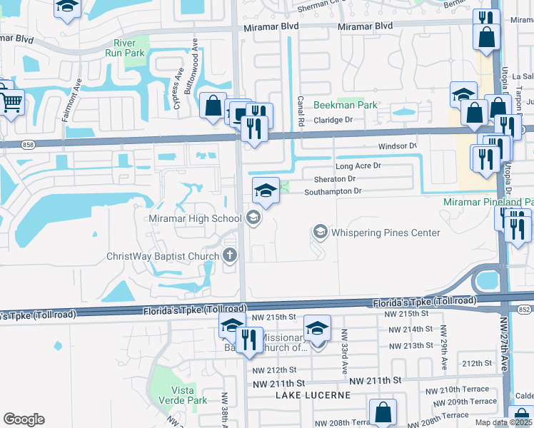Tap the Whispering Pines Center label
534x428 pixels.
[x=386, y=233]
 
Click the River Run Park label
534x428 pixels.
[x=124, y=49]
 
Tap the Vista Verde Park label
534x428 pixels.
[x=188, y=395]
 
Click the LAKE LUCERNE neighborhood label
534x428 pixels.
[x=313, y=394]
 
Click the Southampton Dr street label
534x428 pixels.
[x=333, y=191]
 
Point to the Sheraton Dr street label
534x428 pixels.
[x=331, y=178]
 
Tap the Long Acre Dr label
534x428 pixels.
[x=358, y=165]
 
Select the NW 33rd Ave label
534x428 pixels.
[x=343, y=351]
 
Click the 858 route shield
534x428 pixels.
[x=28, y=144]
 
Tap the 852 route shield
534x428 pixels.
[x=525, y=309]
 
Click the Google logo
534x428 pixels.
[x=24, y=419]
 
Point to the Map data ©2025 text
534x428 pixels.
[x=503, y=422]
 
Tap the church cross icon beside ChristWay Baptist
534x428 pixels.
[x=230, y=255]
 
